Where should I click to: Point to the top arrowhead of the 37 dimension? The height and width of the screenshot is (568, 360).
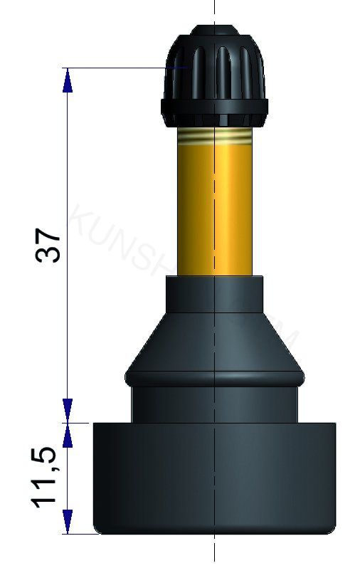point(68,80)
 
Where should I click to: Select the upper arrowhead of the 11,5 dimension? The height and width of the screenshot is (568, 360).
point(68,435)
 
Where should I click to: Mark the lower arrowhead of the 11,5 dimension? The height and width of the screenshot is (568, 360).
point(68,521)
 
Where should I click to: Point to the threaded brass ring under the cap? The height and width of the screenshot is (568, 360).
point(213,135)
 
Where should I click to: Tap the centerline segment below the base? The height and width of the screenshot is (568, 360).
point(214,552)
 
